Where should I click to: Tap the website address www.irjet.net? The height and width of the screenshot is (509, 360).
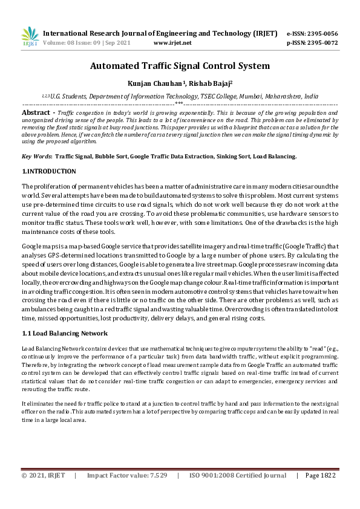tap(172, 43)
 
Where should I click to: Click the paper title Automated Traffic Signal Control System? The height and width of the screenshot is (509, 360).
tap(180, 66)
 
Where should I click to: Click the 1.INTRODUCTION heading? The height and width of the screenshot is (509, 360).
tap(49, 172)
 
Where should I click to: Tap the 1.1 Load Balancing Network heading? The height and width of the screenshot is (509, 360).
tap(65, 333)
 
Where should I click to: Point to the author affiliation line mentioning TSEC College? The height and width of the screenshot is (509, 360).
tap(180, 96)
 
